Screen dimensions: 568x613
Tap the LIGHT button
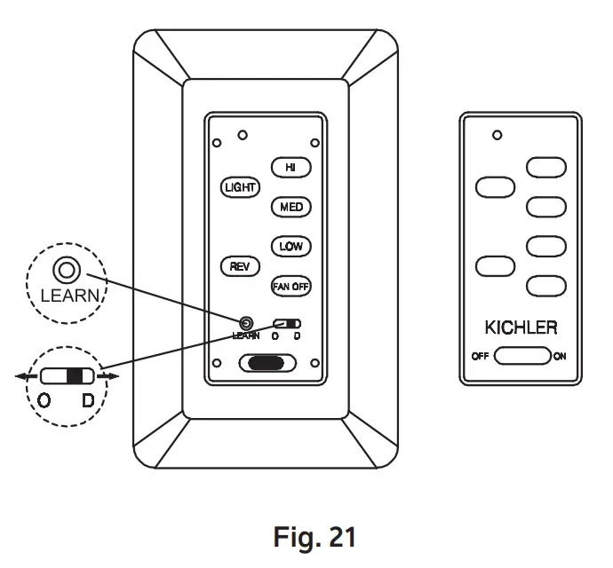[x=239, y=187]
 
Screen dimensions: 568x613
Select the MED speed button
[x=291, y=207]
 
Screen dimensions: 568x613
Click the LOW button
[x=291, y=246]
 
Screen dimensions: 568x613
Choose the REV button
[x=239, y=265]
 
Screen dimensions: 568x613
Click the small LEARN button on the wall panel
[x=246, y=323]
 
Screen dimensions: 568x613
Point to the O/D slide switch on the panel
[x=287, y=323]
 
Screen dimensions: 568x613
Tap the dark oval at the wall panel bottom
[x=266, y=363]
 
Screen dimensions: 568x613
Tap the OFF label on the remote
[x=480, y=357]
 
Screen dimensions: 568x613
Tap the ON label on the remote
[x=560, y=357]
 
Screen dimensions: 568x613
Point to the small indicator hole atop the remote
[x=497, y=135]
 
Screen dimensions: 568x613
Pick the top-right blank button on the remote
[x=545, y=167]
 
